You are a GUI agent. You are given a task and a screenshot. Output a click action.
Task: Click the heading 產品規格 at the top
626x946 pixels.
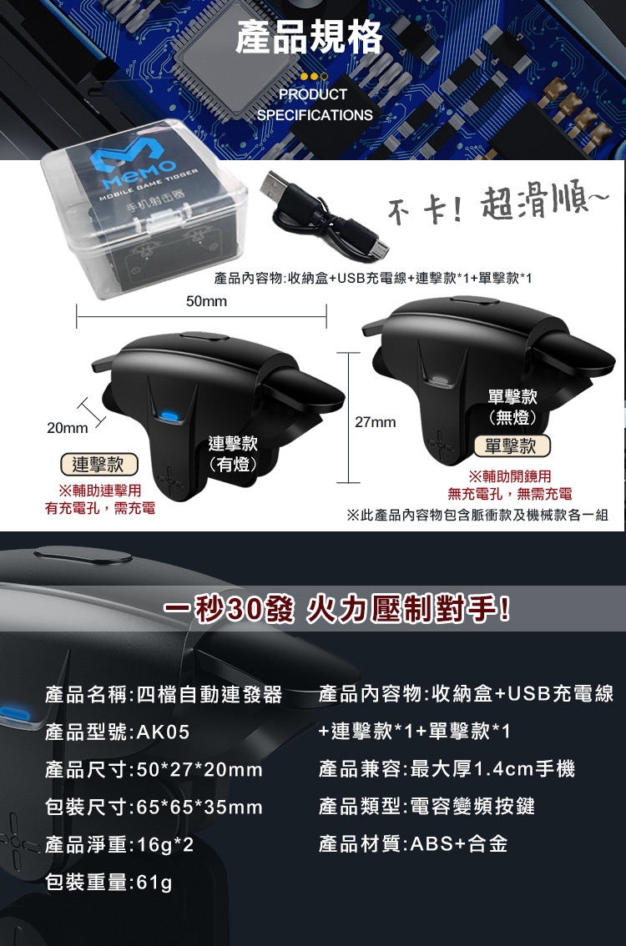click(x=309, y=37)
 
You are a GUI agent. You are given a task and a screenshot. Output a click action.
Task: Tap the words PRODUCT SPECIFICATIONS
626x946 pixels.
click(x=315, y=104)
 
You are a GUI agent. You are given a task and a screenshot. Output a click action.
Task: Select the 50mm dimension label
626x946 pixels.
click(x=206, y=301)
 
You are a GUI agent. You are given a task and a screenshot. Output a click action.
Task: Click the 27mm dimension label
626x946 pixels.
click(x=376, y=422)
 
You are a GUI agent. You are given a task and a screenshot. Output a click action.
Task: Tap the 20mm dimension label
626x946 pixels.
click(x=67, y=428)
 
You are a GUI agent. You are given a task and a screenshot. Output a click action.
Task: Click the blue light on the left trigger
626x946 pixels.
click(x=169, y=416)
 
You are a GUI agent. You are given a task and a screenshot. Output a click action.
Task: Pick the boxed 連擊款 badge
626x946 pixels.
click(x=99, y=464)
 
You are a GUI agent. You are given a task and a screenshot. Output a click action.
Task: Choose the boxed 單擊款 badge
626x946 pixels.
click(x=512, y=445)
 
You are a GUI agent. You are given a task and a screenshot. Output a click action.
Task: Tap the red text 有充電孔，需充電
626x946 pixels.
click(x=99, y=508)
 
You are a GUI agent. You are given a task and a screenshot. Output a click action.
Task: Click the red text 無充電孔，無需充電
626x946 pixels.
click(x=509, y=494)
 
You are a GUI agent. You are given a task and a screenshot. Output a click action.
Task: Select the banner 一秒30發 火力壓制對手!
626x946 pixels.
click(x=336, y=609)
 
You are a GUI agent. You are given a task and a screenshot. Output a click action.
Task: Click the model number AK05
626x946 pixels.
click(x=163, y=732)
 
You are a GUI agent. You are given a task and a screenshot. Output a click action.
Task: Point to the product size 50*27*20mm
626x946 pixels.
click(x=199, y=770)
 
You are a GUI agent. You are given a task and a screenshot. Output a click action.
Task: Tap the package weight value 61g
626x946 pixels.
click(x=154, y=883)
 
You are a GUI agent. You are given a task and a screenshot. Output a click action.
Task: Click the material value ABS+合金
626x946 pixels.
click(x=459, y=843)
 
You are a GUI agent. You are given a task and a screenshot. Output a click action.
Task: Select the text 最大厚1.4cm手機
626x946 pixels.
click(x=492, y=768)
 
